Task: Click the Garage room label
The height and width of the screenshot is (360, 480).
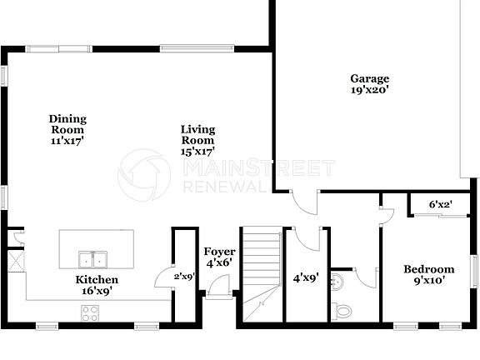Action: click(x=369, y=79)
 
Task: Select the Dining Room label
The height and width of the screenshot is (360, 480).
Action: click(x=67, y=124)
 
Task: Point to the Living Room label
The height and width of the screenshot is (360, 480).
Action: click(x=198, y=135)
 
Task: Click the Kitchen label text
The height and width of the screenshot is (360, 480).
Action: click(x=97, y=280)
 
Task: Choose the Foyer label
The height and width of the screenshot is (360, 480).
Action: click(x=220, y=252)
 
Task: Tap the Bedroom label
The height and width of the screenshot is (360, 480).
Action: click(x=429, y=269)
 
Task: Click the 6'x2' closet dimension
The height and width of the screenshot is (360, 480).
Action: click(x=441, y=204)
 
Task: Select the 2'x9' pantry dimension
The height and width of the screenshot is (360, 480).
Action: click(x=183, y=276)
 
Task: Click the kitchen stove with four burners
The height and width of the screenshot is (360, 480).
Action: click(x=89, y=313)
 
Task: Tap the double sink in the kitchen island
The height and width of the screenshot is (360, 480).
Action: click(x=93, y=258)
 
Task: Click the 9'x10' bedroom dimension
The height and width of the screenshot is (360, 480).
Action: click(x=429, y=281)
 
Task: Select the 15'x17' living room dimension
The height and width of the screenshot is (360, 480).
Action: click(x=198, y=152)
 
